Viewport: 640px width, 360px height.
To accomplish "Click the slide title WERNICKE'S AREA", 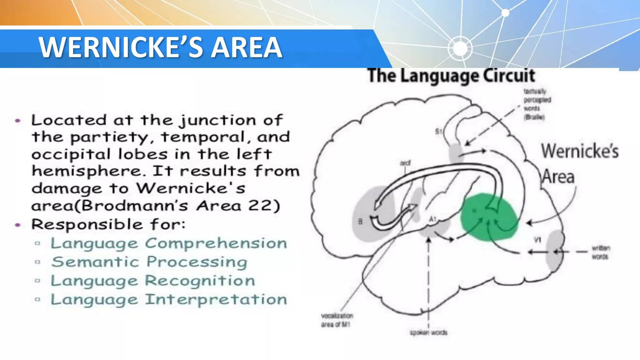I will point(160,47).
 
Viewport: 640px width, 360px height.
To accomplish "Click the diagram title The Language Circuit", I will point(451,76).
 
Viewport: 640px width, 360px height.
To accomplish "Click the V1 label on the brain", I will point(537,240).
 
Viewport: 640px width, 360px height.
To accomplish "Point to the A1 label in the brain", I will point(432,220).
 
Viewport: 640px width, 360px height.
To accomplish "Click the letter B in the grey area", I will point(360,222).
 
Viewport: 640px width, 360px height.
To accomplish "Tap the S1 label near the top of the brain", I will point(438,132).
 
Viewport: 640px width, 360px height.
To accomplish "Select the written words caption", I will point(600,252).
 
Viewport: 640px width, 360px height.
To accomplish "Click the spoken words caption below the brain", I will point(428,333).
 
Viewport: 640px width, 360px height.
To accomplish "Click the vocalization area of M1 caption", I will point(337,320).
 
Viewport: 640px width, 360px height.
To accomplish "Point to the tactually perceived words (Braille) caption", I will point(537,104).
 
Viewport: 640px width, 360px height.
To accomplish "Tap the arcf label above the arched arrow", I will point(405,163).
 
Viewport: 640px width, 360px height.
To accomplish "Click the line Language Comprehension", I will point(169,243).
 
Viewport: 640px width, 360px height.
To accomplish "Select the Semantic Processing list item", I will point(149,262).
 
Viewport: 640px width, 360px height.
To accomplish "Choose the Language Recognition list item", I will point(153,281).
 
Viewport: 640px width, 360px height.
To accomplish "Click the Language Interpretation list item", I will point(169,299).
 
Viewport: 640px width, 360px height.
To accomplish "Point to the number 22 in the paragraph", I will point(260,206).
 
